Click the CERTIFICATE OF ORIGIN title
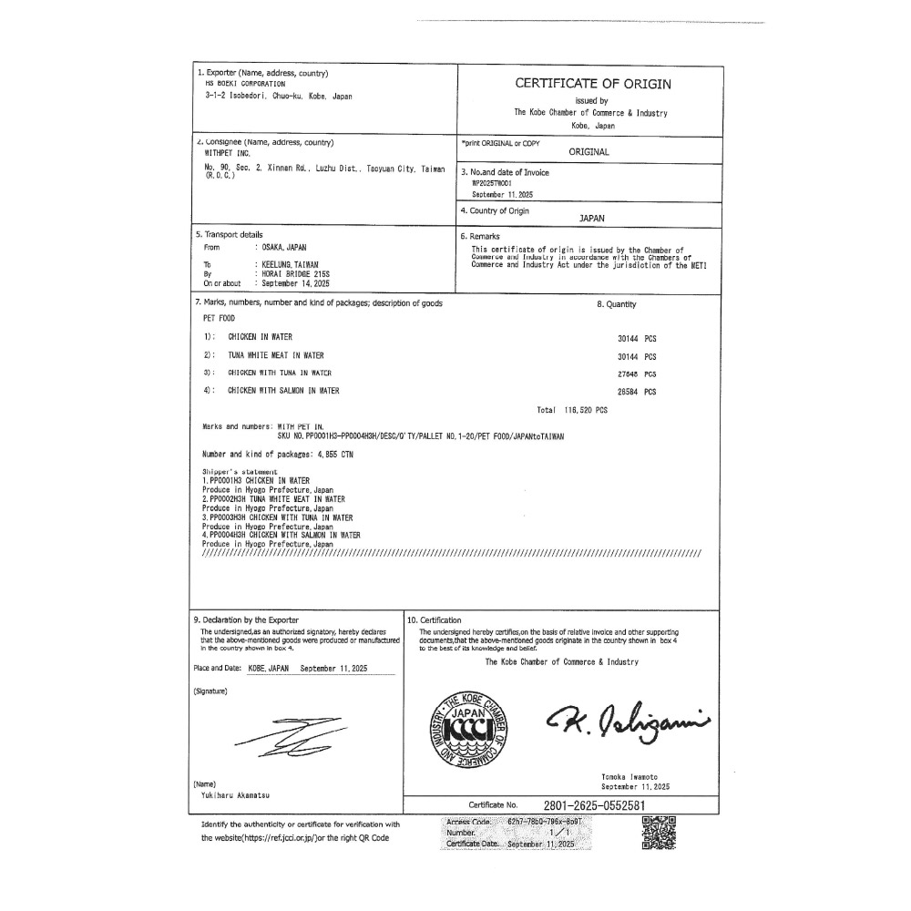(x=593, y=84)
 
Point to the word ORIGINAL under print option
(x=589, y=152)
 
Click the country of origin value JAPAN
(x=592, y=219)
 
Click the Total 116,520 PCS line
(x=572, y=411)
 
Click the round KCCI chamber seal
(x=466, y=726)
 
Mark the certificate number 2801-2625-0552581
(x=594, y=805)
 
